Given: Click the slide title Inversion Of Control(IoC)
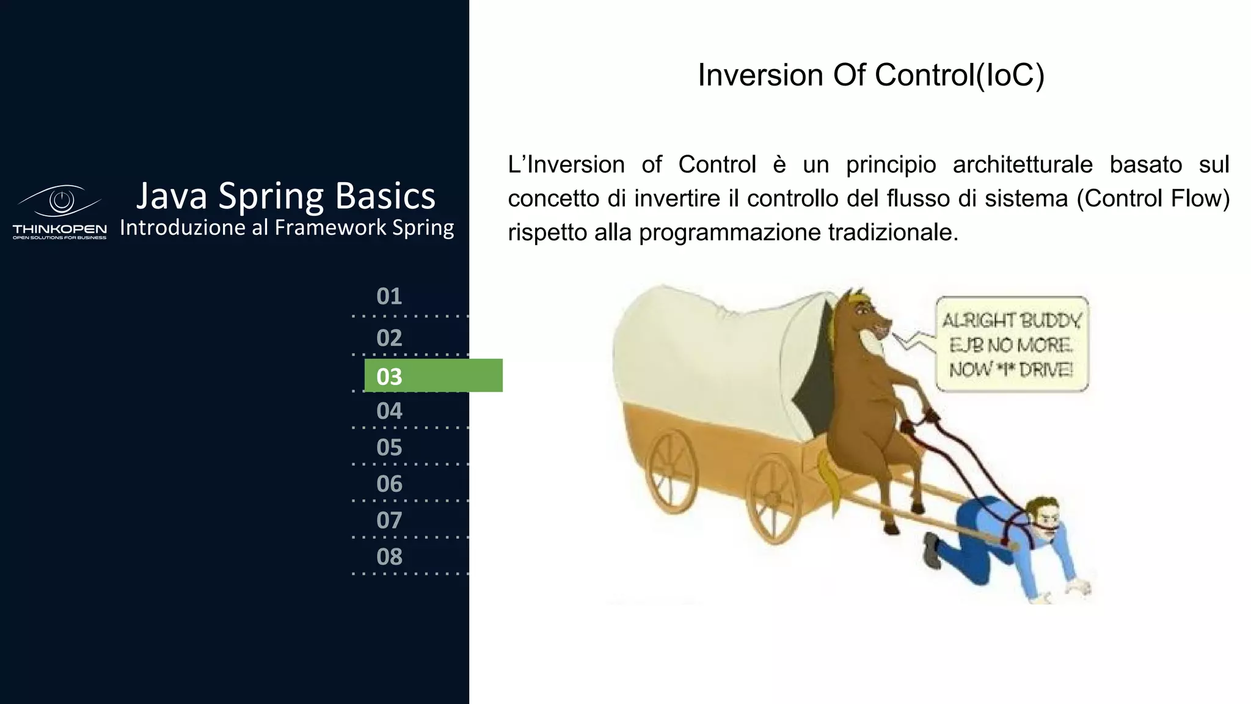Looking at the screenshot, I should pos(871,75).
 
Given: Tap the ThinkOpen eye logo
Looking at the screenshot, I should pos(60,201).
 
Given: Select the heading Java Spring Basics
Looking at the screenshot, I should pos(286,196).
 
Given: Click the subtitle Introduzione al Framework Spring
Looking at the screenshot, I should pos(286,227).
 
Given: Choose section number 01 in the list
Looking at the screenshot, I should pos(389,296).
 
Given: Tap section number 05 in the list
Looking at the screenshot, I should pos(389,447).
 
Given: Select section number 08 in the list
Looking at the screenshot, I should pos(389,557).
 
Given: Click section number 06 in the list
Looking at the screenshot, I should pos(389,484).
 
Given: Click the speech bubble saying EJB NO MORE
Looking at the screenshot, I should pos(1012,345).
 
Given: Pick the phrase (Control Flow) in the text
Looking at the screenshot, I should pos(1152,199).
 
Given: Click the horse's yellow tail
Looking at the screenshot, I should pos(831,483).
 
